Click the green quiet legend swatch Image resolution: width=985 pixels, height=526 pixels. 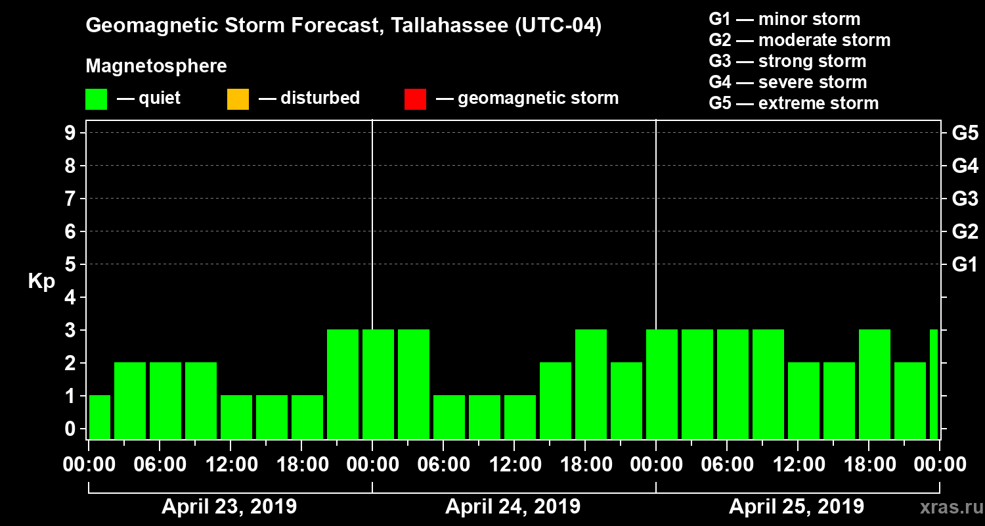click(x=96, y=99)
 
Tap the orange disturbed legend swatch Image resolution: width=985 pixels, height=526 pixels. click(x=238, y=99)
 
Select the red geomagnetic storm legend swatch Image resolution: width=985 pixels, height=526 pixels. click(x=415, y=99)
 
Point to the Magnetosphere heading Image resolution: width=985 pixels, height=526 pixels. click(x=156, y=66)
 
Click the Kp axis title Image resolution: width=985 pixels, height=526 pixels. click(x=41, y=281)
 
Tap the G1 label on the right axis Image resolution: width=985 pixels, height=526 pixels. click(x=965, y=264)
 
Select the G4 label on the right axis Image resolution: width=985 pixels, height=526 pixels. click(x=965, y=166)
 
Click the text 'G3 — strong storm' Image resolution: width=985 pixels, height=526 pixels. click(x=787, y=61)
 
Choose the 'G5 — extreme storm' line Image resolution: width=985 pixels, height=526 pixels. click(x=793, y=103)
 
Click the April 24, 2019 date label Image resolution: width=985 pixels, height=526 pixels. click(x=513, y=507)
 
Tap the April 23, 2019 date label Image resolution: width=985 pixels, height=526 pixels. click(x=229, y=507)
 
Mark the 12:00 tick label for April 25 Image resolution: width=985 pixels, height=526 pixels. click(x=797, y=465)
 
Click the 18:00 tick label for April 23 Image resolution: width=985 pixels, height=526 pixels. click(x=301, y=465)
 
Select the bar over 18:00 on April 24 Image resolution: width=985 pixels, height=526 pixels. click(x=591, y=384)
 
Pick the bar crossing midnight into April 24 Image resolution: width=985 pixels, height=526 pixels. click(x=378, y=384)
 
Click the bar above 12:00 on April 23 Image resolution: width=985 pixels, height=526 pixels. click(x=236, y=417)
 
